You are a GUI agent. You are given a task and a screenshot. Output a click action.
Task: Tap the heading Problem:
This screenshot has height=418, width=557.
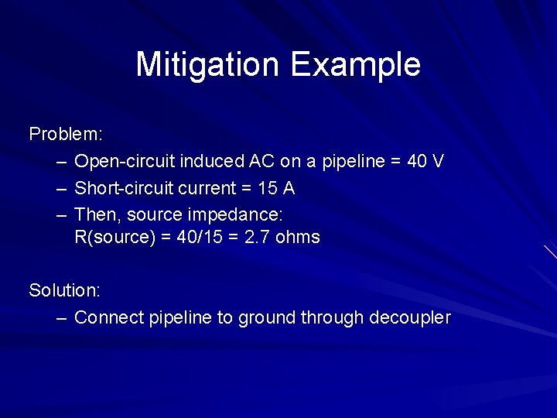tap(66, 134)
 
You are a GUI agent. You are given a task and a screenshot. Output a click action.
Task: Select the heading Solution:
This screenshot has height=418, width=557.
tap(65, 290)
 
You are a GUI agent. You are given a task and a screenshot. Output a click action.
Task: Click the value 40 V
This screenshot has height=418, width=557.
tap(425, 161)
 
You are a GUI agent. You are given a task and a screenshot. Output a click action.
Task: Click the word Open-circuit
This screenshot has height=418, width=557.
tap(125, 161)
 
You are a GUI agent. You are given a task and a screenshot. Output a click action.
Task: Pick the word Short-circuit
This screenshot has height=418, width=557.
tap(125, 188)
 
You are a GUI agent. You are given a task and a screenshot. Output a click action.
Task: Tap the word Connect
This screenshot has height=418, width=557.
tap(108, 317)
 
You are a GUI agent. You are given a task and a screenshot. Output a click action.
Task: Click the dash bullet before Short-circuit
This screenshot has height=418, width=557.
tap(62, 188)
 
